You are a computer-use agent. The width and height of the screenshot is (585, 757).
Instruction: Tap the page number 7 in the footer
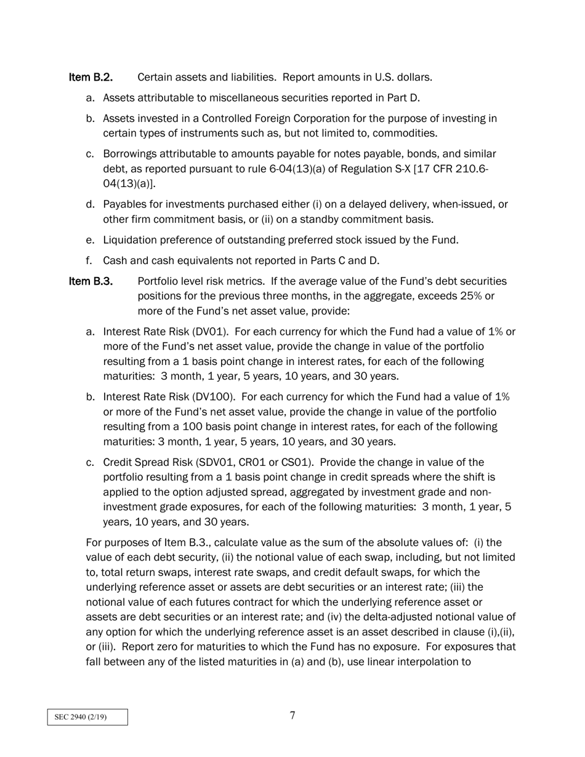(x=292, y=715)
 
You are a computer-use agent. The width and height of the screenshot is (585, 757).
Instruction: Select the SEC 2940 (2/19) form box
(x=87, y=717)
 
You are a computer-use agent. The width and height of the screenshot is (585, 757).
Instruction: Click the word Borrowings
(x=130, y=154)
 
